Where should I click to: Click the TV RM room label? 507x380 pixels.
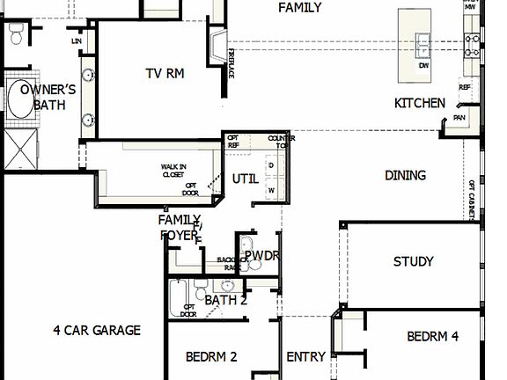point(165,74)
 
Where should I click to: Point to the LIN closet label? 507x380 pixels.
point(77,41)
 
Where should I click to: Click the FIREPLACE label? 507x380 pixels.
point(231,64)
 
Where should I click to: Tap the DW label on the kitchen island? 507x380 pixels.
point(424,66)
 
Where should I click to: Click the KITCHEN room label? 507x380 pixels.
point(419,103)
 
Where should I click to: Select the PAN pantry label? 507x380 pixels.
point(459,117)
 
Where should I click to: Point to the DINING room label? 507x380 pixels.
point(405,176)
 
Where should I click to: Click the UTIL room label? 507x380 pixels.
point(246,179)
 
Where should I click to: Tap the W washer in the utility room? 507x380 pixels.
point(271,189)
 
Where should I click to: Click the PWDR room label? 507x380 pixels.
point(261,256)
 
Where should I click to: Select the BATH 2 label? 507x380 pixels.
point(225,300)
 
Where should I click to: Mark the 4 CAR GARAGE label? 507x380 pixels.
point(96,331)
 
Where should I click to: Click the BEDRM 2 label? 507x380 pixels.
point(212,357)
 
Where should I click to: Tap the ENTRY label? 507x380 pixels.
point(306,357)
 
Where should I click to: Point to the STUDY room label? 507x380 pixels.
point(413,261)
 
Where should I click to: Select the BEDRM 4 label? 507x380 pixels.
point(433,336)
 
